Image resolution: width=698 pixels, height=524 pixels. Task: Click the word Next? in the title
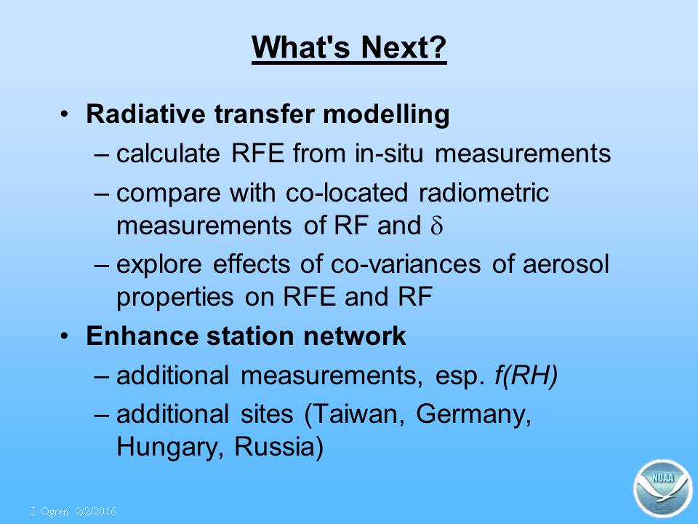click(404, 47)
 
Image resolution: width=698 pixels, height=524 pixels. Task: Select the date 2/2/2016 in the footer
click(96, 512)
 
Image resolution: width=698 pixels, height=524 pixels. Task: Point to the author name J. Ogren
click(49, 512)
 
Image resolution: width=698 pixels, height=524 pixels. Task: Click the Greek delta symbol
click(437, 225)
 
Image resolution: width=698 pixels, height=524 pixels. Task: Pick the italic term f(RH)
click(526, 376)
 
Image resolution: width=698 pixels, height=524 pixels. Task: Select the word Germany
click(473, 415)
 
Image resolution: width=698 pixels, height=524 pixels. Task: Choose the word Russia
click(278, 446)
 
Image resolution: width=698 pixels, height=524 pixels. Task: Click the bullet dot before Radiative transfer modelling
click(65, 114)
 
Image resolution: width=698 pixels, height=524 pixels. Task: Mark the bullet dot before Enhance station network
click(65, 336)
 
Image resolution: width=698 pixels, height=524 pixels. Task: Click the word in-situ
click(389, 153)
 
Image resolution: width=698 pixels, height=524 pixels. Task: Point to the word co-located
click(347, 192)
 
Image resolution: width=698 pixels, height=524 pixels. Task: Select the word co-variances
click(406, 263)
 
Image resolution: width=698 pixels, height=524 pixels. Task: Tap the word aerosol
click(566, 263)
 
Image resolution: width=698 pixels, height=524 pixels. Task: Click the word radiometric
click(484, 192)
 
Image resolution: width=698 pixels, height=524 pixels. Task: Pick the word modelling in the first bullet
click(386, 115)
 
